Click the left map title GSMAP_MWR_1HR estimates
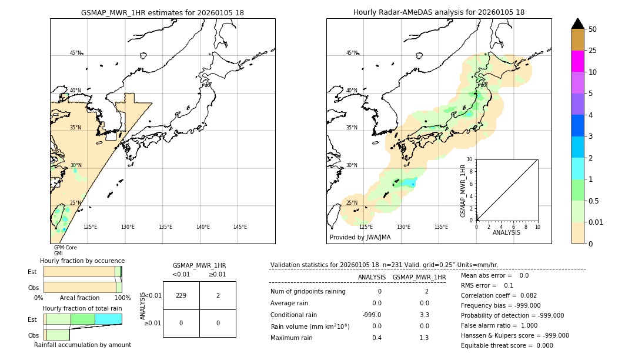(162, 12)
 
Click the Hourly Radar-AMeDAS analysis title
(439, 12)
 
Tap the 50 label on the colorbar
(593, 29)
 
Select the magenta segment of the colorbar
(577, 61)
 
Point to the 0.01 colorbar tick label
(597, 222)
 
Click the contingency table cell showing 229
(181, 295)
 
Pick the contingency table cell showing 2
(218, 295)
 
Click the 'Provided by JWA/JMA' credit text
(360, 238)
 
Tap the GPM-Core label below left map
(65, 248)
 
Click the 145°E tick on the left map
(240, 227)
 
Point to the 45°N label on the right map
(352, 53)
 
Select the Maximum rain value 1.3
(423, 338)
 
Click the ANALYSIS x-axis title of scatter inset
(506, 232)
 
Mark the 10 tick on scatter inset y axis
(470, 159)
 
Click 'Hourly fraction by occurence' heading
(82, 261)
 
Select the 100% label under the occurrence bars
(122, 298)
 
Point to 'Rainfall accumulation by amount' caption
(87, 345)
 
